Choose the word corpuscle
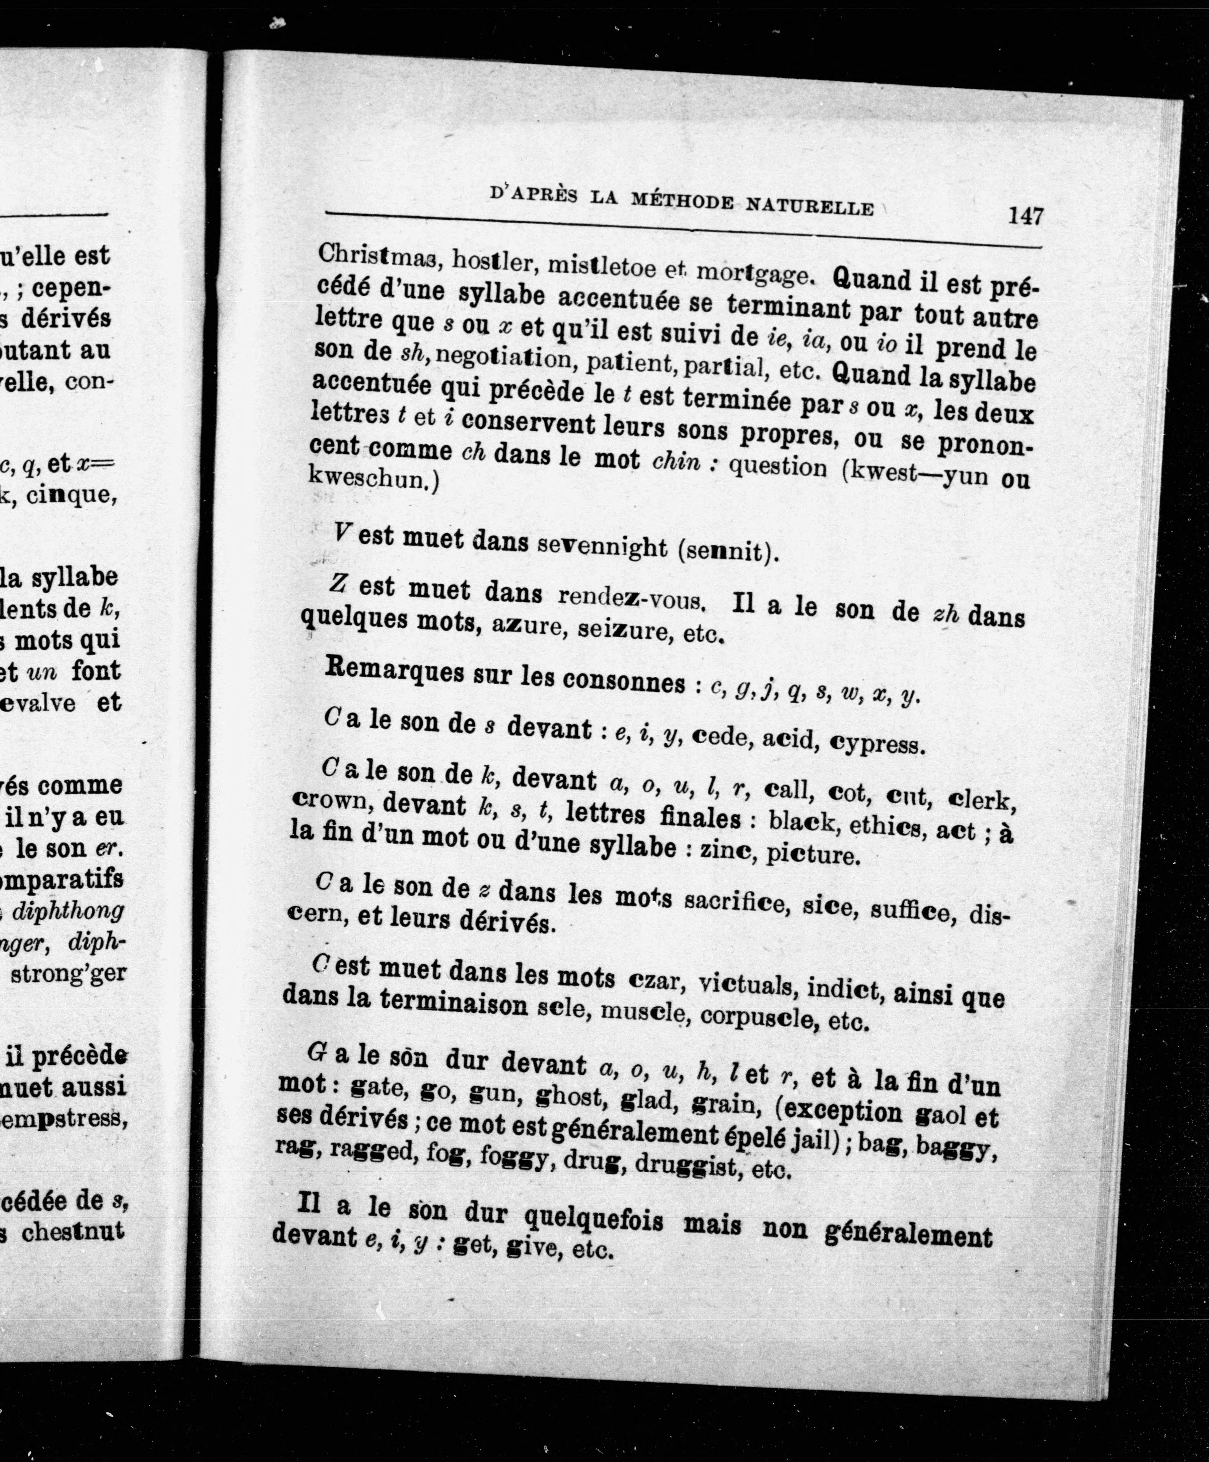click(758, 1017)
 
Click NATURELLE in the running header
click(809, 206)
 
